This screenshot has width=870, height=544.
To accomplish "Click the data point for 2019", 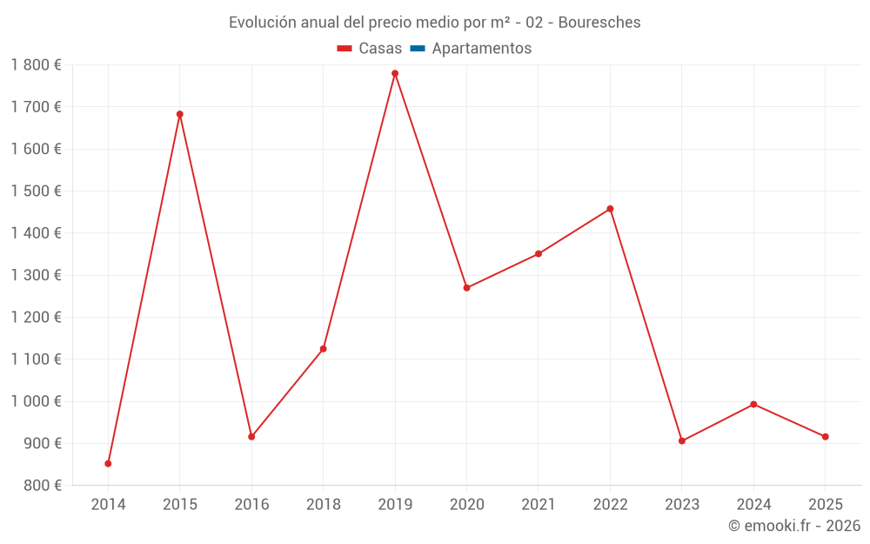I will coord(395,73).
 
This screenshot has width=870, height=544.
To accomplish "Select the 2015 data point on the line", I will coord(180,114).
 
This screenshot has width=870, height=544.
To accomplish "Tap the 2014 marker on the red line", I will coord(108,463).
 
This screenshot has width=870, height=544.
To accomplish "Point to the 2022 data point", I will coord(610,209).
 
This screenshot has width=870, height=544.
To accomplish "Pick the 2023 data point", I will coord(682,440).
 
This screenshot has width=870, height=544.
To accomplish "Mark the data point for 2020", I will coord(466,287).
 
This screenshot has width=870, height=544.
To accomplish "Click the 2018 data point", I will coord(324,348).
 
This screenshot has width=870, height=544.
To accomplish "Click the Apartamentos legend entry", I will coord(481,49).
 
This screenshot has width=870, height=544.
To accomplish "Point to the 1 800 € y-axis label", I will coord(37,65).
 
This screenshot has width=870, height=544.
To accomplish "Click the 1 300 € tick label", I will coord(37,275).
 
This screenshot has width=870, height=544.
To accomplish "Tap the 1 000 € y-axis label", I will coord(37,401).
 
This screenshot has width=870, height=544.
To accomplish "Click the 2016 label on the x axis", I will coord(251,505).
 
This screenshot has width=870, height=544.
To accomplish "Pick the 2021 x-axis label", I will coord(539,505).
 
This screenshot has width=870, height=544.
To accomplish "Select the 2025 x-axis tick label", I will coord(825,505).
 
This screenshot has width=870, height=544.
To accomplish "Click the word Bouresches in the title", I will coord(599,23).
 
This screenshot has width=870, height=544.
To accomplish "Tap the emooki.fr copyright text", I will coord(794,526).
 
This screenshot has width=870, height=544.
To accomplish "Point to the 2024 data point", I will coord(753,404).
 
